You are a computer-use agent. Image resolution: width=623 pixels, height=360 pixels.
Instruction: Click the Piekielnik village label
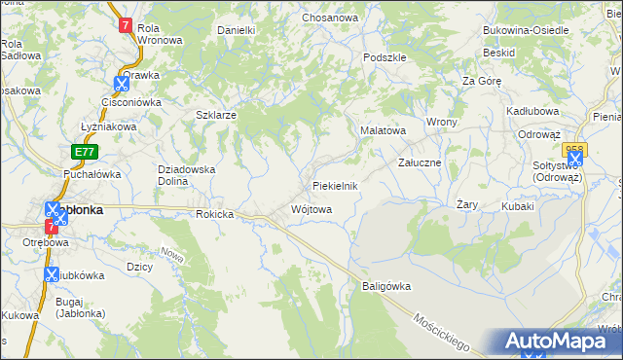(x=336, y=185)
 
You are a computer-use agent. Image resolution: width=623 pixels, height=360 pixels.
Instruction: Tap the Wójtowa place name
(x=311, y=209)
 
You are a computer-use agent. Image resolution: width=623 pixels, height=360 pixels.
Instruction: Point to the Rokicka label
(x=215, y=214)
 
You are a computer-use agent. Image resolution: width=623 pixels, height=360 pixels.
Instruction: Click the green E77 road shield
(x=84, y=152)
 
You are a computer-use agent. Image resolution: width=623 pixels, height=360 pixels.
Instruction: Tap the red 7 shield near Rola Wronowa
(x=126, y=26)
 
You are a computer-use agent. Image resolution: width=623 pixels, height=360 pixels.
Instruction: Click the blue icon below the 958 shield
(x=575, y=161)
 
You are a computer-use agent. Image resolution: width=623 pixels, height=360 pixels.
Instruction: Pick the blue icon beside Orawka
(x=121, y=84)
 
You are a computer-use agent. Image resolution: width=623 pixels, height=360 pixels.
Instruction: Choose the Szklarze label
(x=217, y=114)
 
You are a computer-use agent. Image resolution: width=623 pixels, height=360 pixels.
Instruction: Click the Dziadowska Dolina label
(x=186, y=175)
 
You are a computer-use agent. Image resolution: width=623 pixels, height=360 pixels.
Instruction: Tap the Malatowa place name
(x=383, y=129)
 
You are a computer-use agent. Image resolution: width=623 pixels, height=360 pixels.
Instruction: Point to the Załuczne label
(x=421, y=162)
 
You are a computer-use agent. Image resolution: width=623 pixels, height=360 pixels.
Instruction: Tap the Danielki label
(x=236, y=30)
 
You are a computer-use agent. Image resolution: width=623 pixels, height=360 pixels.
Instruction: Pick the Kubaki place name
(x=519, y=206)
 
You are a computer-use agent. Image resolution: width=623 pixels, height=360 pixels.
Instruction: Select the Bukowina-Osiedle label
(x=526, y=29)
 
